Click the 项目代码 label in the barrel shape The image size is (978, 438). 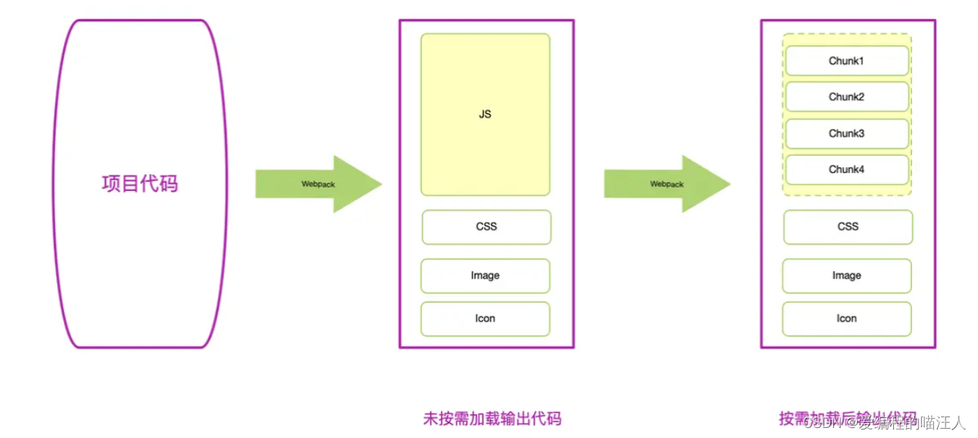click(x=139, y=183)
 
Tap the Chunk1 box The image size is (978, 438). click(x=846, y=61)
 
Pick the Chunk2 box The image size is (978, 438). click(x=846, y=97)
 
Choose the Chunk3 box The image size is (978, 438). click(x=846, y=133)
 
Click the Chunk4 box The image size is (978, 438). click(x=846, y=169)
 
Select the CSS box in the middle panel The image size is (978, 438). click(x=486, y=227)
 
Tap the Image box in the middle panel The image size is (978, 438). click(x=485, y=276)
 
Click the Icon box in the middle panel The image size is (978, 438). click(x=485, y=319)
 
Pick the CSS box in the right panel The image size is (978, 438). click(x=848, y=227)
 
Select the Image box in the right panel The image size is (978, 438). click(x=846, y=276)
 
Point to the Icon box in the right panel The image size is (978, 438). click(x=846, y=319)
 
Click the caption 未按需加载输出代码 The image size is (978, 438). click(x=492, y=419)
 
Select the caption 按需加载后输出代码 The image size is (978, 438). click(x=847, y=418)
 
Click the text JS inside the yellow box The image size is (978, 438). click(x=485, y=115)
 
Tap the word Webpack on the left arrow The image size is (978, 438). click(x=318, y=184)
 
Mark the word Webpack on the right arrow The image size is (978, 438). click(x=667, y=184)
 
